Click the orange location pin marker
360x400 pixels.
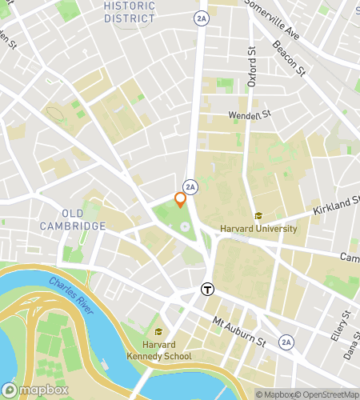pos(181,200)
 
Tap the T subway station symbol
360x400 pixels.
pos(208,290)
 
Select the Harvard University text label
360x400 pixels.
pos(258,229)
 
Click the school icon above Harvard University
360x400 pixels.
pos(258,216)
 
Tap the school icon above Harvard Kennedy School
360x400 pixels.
pos(159,332)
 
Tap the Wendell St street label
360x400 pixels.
pos(250,115)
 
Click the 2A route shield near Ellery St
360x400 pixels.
pos(286,342)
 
